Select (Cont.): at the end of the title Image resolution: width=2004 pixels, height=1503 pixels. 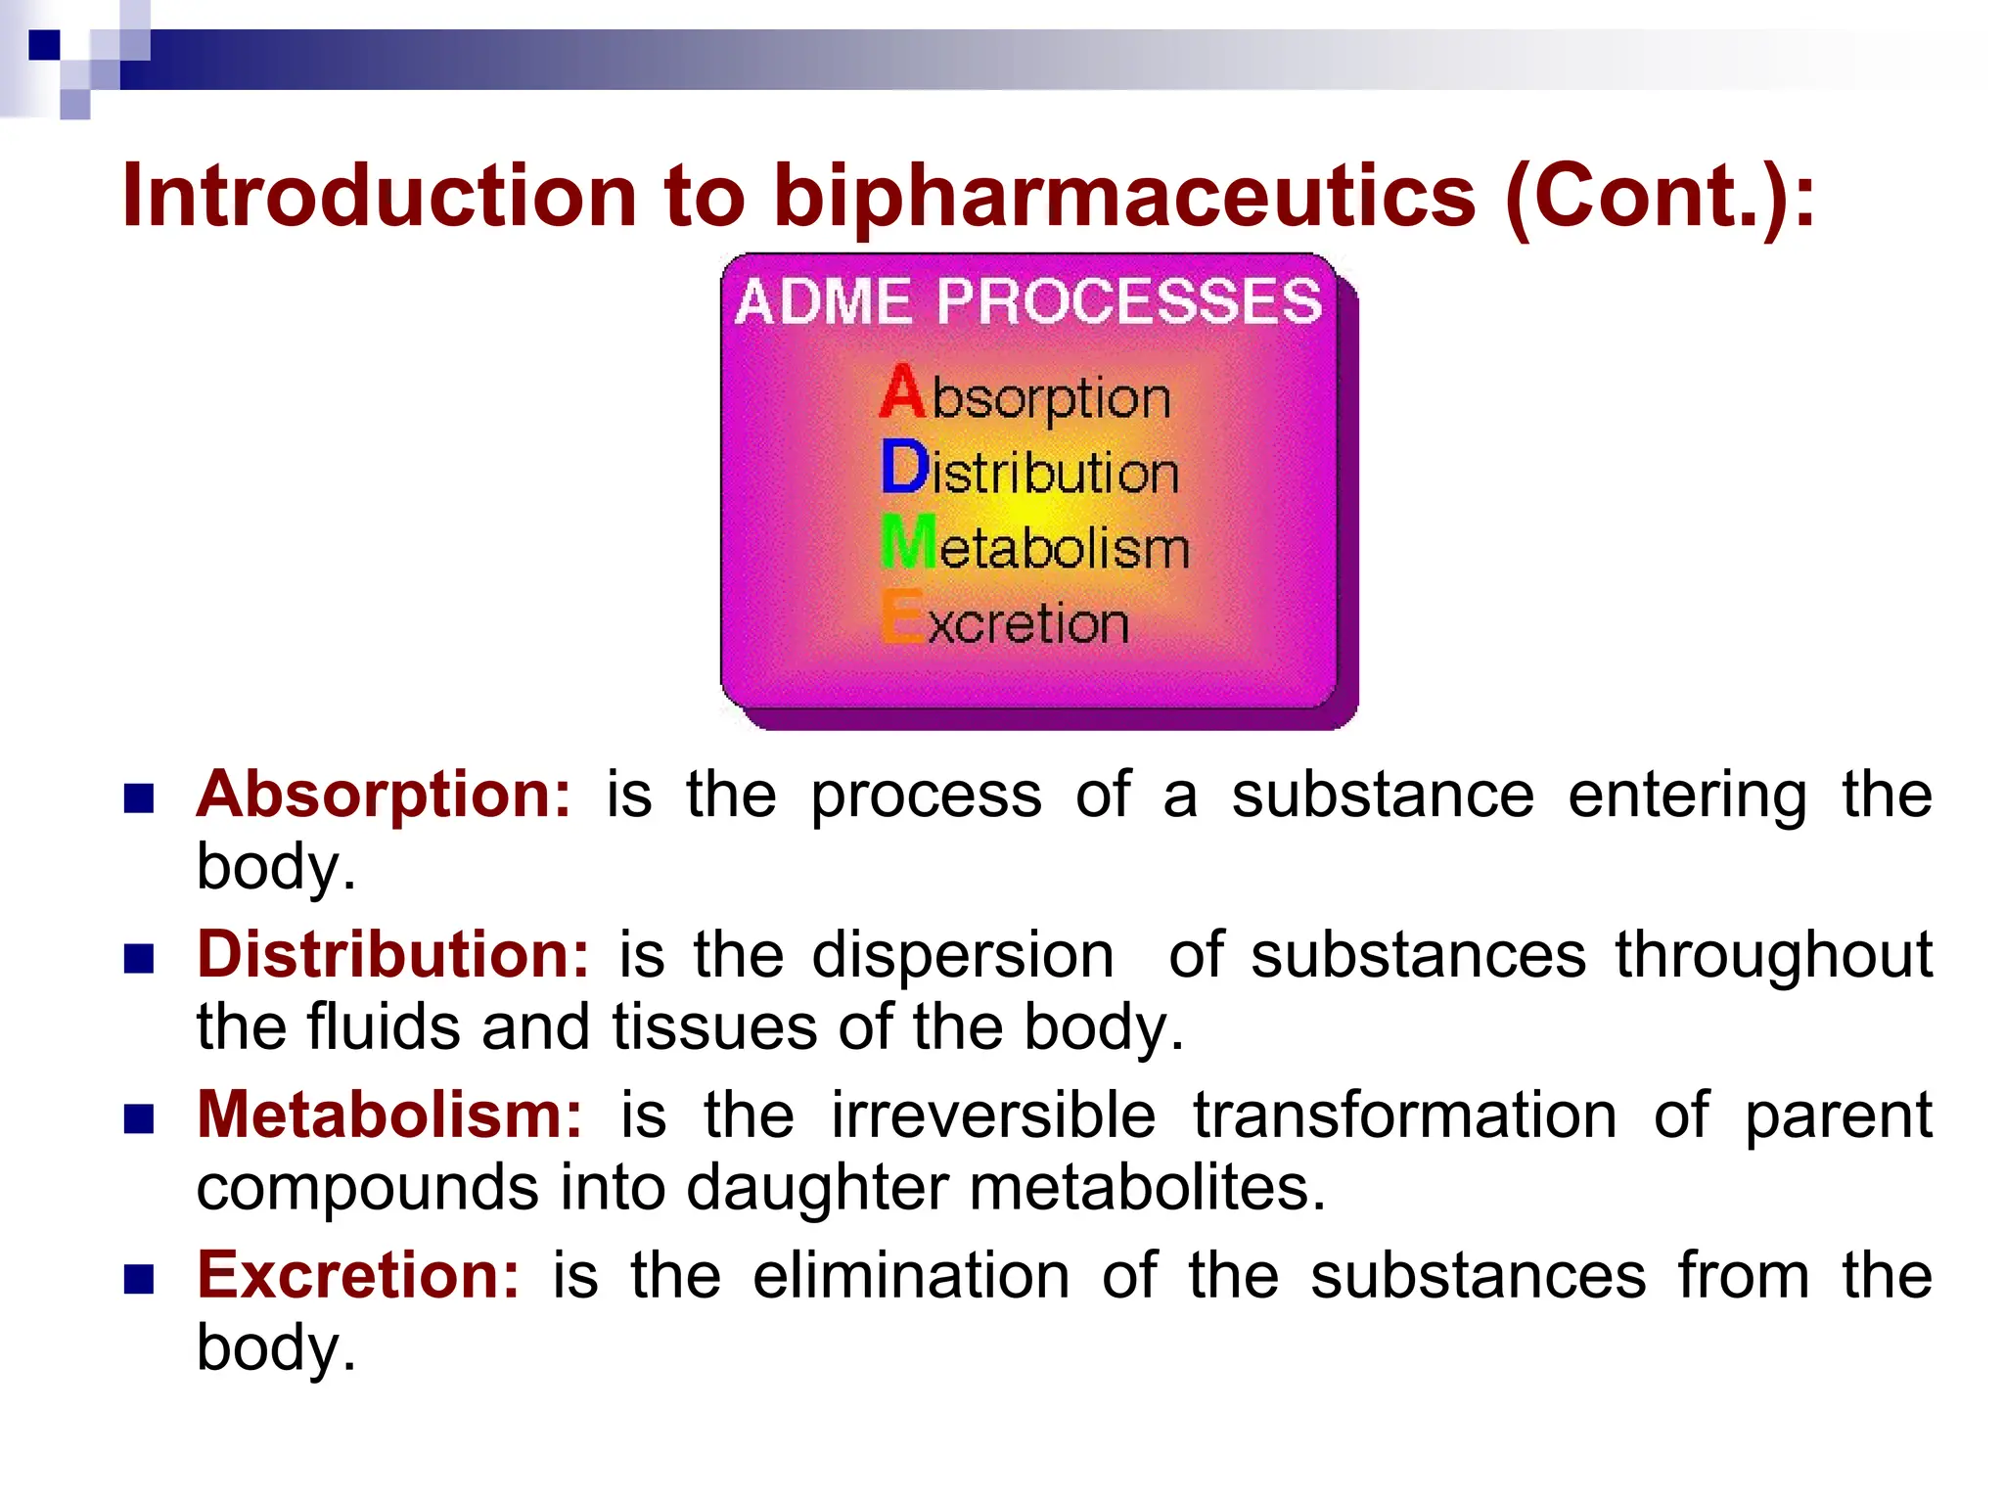point(1660,196)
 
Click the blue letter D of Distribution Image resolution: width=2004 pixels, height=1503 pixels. point(903,468)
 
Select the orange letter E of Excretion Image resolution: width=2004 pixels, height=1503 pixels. point(901,617)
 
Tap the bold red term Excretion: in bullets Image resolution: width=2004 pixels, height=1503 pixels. point(358,1275)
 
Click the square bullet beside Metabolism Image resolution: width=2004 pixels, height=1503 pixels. point(139,1118)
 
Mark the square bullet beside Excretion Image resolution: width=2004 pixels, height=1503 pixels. point(139,1279)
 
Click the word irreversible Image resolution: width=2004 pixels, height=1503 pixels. point(993,1115)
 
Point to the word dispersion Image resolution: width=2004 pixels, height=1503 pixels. point(963,954)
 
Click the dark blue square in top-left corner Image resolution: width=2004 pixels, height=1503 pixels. point(44,45)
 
